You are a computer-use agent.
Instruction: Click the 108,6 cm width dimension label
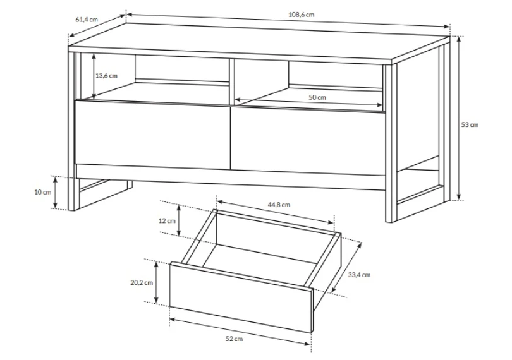pos(301,15)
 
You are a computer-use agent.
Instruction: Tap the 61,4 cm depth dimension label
pos(87,19)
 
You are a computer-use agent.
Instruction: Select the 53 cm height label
pos(470,124)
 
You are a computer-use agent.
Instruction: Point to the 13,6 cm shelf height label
pos(106,76)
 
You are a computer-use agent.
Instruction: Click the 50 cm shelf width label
pos(317,97)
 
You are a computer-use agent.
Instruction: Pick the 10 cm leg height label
pos(43,192)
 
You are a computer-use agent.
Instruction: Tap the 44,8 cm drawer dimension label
pos(279,205)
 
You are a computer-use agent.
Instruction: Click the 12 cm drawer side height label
pos(167,221)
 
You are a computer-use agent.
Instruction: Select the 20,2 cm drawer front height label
pos(142,283)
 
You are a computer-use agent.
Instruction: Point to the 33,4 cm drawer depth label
pos(359,275)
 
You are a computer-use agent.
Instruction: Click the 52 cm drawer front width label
pos(234,339)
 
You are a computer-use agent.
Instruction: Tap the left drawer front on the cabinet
pos(152,135)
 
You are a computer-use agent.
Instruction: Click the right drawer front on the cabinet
pos(308,140)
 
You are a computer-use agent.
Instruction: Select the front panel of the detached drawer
pos(241,297)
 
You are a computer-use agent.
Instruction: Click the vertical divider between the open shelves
pos(232,81)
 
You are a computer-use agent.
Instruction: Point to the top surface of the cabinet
pos(260,42)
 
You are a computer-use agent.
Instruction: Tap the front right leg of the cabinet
pos(391,143)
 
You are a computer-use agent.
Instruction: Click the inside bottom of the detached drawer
pos(260,261)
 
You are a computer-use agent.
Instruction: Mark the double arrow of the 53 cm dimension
pos(459,118)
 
